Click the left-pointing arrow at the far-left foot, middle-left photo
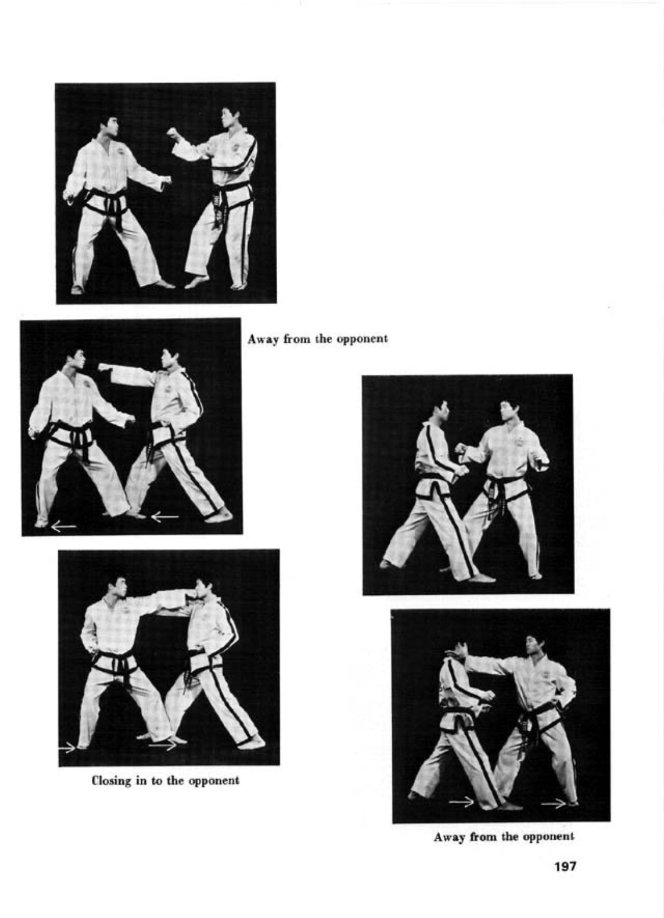(x=63, y=526)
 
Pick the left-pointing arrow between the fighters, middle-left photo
(x=165, y=517)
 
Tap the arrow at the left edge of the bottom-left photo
(x=67, y=748)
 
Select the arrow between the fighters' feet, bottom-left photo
(x=163, y=745)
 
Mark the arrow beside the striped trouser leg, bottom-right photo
(x=462, y=802)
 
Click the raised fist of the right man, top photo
(x=173, y=133)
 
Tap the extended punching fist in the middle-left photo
(x=104, y=367)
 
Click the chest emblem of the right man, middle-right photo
(x=519, y=441)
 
